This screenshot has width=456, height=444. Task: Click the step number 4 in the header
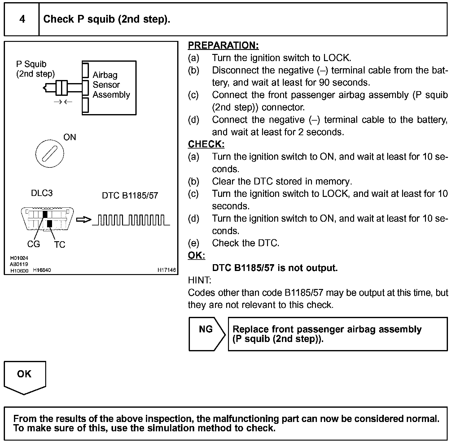tap(22, 19)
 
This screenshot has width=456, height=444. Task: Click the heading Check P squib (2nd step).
tap(107, 19)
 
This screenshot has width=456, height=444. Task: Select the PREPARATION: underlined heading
tap(223, 46)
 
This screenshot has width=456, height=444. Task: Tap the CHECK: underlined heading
tap(206, 144)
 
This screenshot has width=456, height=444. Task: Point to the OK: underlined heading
tap(196, 255)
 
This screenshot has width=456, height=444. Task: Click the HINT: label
tap(199, 280)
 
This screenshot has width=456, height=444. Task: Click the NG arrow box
tap(206, 334)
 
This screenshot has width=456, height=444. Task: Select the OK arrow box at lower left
tap(24, 377)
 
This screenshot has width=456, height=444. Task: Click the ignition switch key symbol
tap(50, 154)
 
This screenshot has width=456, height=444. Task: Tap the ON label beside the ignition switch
tap(70, 137)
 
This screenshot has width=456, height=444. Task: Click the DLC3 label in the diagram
tap(42, 193)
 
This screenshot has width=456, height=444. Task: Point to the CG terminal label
tap(33, 244)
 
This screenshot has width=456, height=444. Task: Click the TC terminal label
tap(59, 245)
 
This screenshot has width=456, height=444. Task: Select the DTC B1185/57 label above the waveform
tap(130, 196)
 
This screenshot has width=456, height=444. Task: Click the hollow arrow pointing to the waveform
tap(84, 220)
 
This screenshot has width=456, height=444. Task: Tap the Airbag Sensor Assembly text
tap(111, 85)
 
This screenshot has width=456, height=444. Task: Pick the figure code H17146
tap(166, 270)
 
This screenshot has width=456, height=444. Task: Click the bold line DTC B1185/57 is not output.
tap(274, 268)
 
